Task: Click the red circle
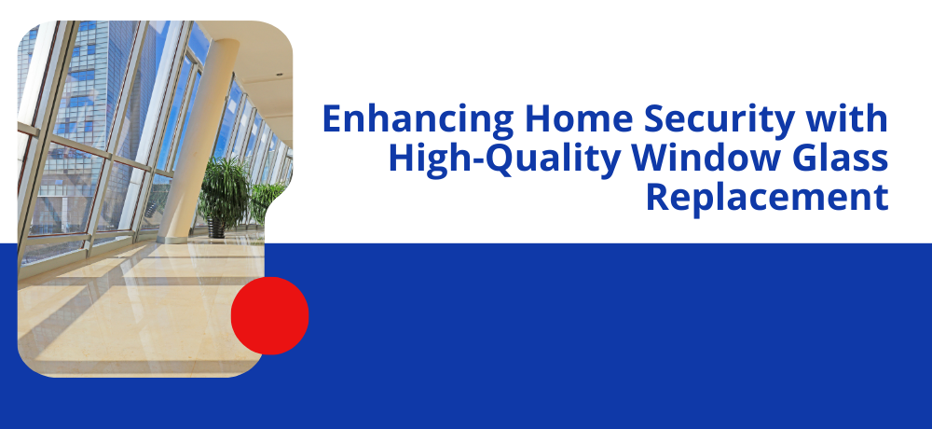tap(270, 315)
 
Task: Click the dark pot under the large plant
tap(217, 228)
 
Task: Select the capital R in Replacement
tap(657, 199)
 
